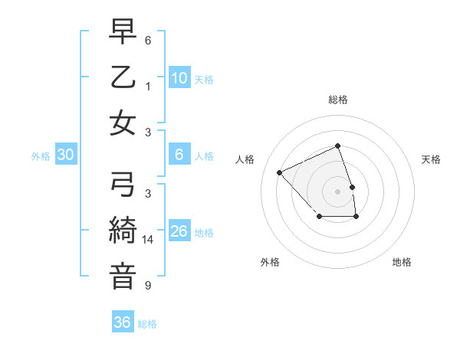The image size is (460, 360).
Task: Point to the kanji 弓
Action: tap(123, 184)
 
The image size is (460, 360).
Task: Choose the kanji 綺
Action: tap(123, 231)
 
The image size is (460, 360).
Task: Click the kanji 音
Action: tap(123, 276)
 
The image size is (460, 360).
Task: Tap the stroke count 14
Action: tap(149, 240)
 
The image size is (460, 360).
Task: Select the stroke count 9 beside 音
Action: tap(148, 286)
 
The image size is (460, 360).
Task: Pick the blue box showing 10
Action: tap(179, 77)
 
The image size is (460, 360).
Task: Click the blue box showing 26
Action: tap(179, 231)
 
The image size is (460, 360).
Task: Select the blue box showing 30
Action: tap(65, 155)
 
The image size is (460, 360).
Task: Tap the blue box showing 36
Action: tap(122, 322)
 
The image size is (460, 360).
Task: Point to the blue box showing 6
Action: tap(179, 155)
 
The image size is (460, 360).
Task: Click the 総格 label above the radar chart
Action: tap(337, 100)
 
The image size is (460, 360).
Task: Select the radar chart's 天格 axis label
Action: tap(431, 159)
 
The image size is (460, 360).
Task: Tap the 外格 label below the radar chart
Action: tap(269, 262)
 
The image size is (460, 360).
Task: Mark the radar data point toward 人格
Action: tap(280, 172)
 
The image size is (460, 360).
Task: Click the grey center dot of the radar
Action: tap(337, 191)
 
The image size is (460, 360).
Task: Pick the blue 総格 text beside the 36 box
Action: tap(147, 324)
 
